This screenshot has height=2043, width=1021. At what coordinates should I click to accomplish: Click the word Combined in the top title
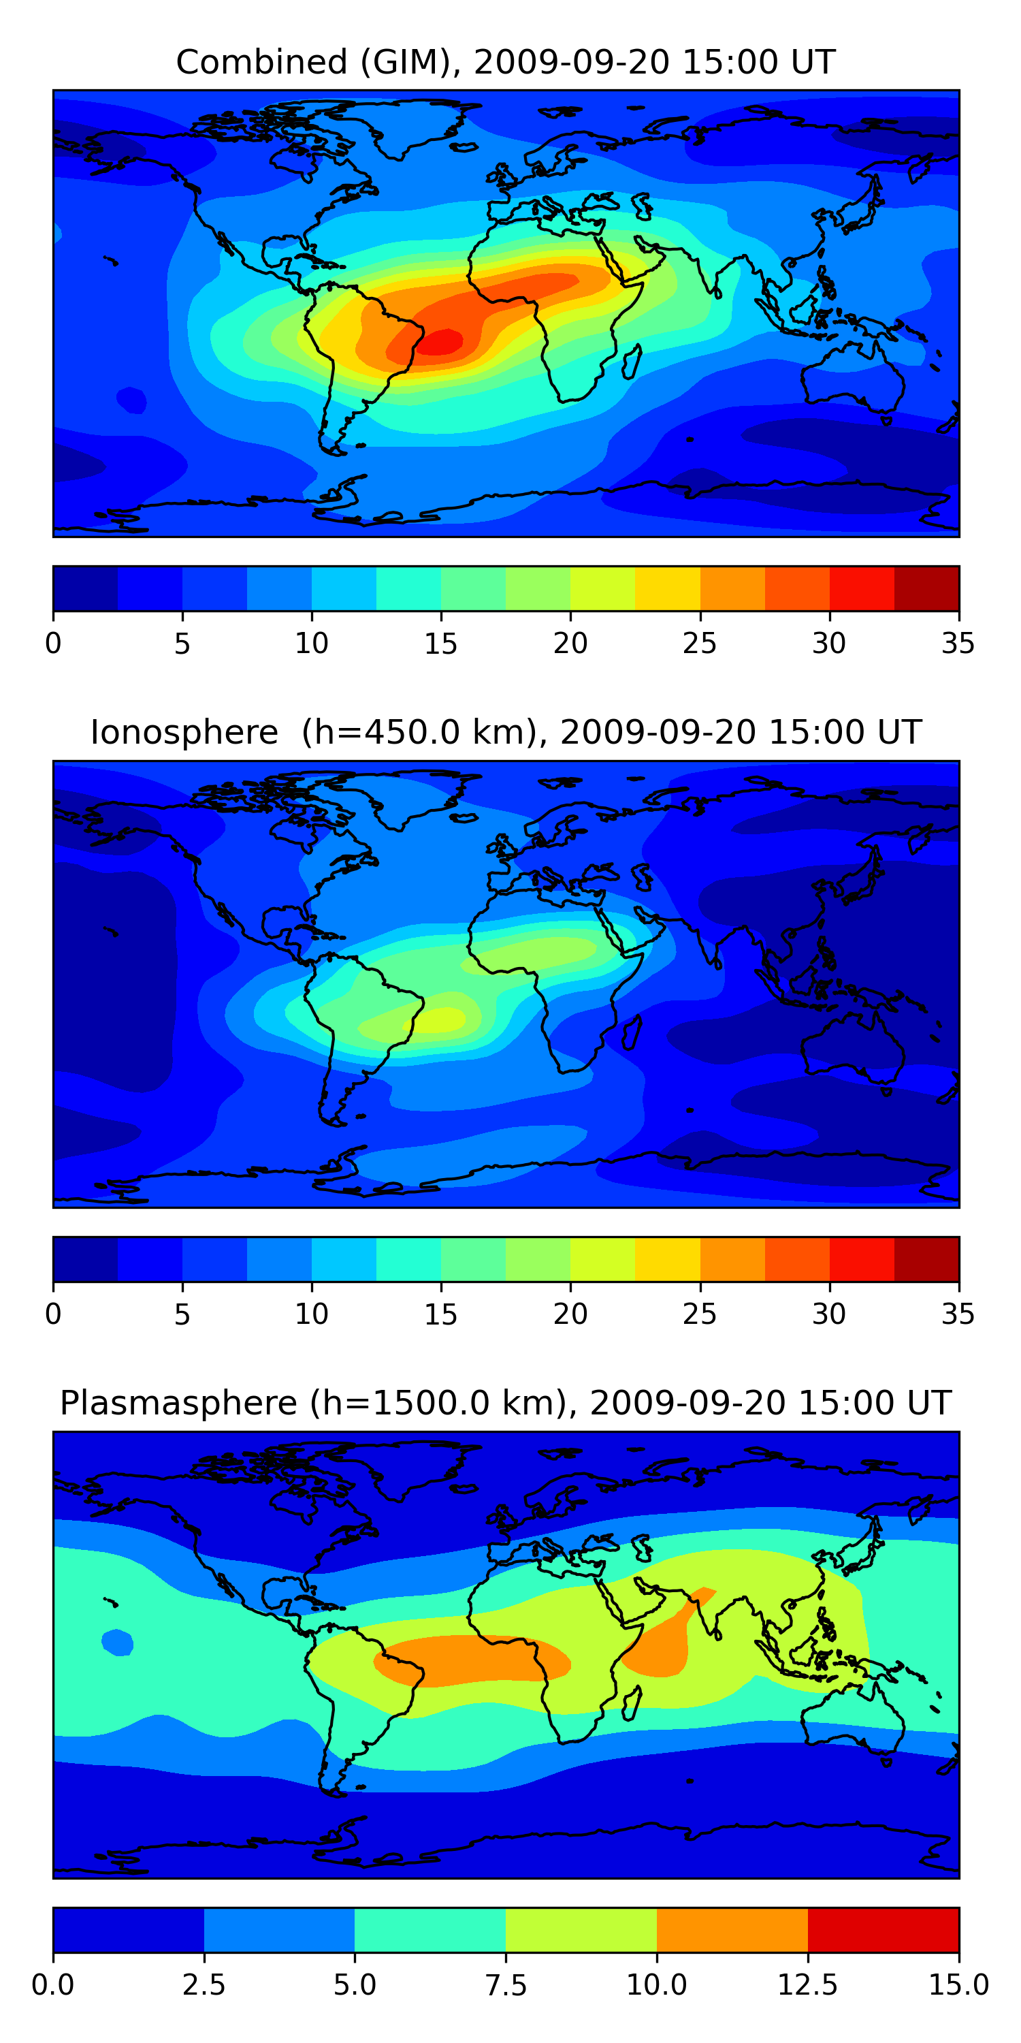point(261,62)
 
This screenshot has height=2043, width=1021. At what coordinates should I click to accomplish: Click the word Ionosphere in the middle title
point(184,732)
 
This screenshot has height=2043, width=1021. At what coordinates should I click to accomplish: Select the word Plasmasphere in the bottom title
point(178,1404)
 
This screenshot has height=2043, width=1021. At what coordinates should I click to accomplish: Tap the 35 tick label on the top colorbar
point(958,643)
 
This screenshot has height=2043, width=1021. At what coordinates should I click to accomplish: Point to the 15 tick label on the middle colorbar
point(441,1314)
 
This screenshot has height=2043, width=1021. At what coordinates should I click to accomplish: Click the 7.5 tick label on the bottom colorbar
point(506,1985)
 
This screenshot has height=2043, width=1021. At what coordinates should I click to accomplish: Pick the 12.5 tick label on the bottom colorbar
point(808,1985)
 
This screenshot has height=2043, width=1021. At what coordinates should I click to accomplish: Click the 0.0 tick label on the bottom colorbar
point(53,1985)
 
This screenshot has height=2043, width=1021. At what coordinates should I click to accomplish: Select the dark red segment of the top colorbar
point(926,588)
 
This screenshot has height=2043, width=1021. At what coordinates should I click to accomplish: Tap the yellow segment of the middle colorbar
point(668,1259)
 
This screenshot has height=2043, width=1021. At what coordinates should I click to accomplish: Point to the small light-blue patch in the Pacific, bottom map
point(117,1642)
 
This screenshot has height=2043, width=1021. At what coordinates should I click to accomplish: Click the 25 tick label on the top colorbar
point(700,643)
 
